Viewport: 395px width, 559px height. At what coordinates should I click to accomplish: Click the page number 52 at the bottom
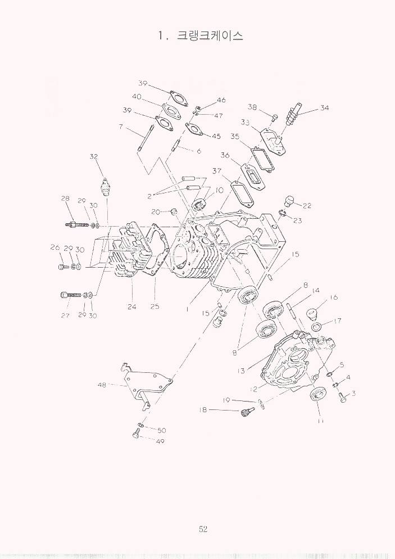coord(203,529)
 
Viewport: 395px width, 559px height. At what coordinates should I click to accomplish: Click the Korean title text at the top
coord(210,35)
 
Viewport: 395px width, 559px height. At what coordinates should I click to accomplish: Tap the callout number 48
coord(102,385)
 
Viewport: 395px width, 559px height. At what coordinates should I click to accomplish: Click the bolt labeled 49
coord(136,435)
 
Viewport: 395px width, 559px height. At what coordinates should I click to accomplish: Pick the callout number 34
coord(324,107)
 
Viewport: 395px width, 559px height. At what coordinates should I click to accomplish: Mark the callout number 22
coord(307,205)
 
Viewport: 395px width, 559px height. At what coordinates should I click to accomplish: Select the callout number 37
coord(217,171)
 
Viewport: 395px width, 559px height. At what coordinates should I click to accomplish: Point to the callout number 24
coord(132,306)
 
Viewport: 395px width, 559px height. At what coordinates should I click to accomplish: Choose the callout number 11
coord(320,421)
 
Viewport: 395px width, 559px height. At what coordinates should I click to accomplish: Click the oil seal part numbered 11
coord(317,394)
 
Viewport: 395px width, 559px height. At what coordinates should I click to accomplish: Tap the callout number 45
coord(216,136)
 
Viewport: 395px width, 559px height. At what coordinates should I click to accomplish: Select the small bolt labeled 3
coord(343,397)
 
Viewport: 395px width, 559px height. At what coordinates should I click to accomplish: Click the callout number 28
coord(65,199)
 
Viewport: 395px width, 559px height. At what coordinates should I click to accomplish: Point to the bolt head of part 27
coord(65,295)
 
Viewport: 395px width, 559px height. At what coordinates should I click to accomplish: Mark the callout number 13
coord(241,371)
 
